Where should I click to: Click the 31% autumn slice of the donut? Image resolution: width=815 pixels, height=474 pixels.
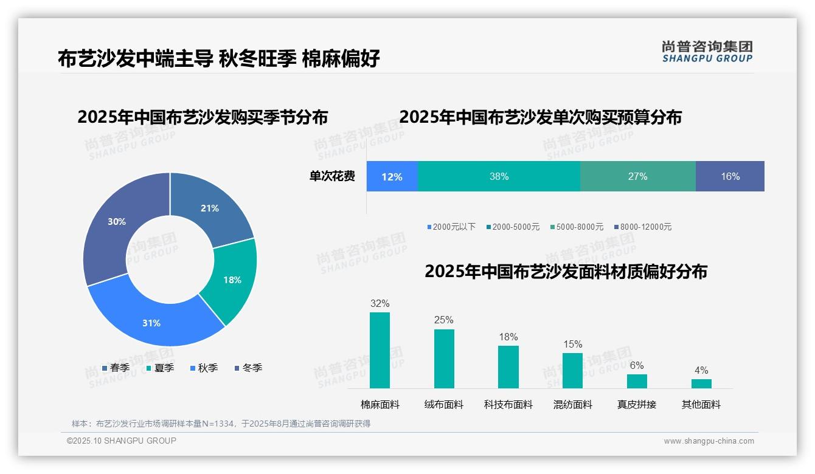(152, 322)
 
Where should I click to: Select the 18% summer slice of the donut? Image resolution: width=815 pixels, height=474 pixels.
(231, 280)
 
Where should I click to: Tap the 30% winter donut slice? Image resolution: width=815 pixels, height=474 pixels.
(117, 222)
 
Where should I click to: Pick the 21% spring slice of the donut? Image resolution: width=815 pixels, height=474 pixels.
(210, 208)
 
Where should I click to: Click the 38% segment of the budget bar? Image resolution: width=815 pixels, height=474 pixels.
(499, 176)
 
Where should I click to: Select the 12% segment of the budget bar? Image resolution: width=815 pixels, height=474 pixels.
(392, 176)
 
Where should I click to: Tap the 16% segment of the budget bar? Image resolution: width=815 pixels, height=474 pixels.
(730, 176)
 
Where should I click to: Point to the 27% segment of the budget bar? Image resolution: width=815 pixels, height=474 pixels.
(637, 176)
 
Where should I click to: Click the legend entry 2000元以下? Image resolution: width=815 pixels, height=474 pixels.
(452, 227)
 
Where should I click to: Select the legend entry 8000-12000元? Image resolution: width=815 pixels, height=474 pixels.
(643, 227)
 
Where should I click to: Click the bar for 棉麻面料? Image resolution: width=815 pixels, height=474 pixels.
(380, 351)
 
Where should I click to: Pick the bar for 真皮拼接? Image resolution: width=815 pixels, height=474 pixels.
(637, 381)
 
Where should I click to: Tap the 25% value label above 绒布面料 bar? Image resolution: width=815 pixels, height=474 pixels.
(444, 320)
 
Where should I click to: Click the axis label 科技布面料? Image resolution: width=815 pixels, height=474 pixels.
(508, 404)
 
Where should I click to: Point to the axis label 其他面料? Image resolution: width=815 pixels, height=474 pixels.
(701, 404)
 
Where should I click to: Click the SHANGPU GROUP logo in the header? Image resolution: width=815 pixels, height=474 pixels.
(707, 52)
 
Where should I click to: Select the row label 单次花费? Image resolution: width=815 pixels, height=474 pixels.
(332, 176)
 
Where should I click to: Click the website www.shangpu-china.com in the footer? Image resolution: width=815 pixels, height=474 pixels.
(709, 441)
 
